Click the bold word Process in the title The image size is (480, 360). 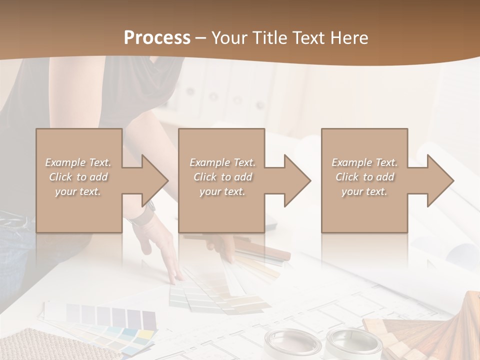pos(157,38)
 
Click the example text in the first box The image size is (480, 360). pos(78,177)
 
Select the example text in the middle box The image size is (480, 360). pos(222,177)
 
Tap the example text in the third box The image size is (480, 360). pos(364,177)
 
